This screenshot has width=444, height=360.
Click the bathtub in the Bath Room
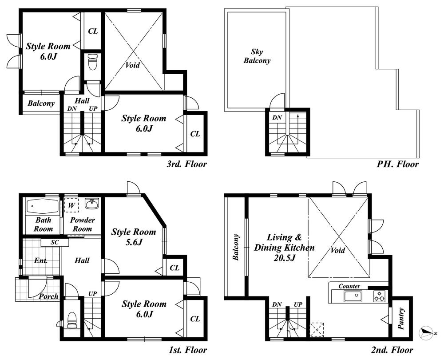[43, 206]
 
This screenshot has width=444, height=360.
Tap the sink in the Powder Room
[91, 204]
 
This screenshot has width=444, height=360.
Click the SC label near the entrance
[55, 243]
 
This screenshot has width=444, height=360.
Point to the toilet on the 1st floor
[72, 319]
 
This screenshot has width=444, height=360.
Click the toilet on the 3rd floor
[92, 62]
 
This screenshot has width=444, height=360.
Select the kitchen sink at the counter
[353, 296]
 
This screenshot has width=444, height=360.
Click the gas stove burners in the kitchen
[380, 296]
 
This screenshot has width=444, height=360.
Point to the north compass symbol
[427, 332]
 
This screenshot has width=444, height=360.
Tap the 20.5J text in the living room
[285, 258]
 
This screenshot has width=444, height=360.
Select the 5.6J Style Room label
[133, 237]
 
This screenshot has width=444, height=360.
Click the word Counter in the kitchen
[349, 286]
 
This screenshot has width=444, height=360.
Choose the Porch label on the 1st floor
[48, 296]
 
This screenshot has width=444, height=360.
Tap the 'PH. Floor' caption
[398, 164]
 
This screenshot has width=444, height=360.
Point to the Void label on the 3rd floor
[132, 65]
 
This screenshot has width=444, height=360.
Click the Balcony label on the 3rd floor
[41, 104]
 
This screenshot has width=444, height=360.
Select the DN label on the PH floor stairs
[277, 118]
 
